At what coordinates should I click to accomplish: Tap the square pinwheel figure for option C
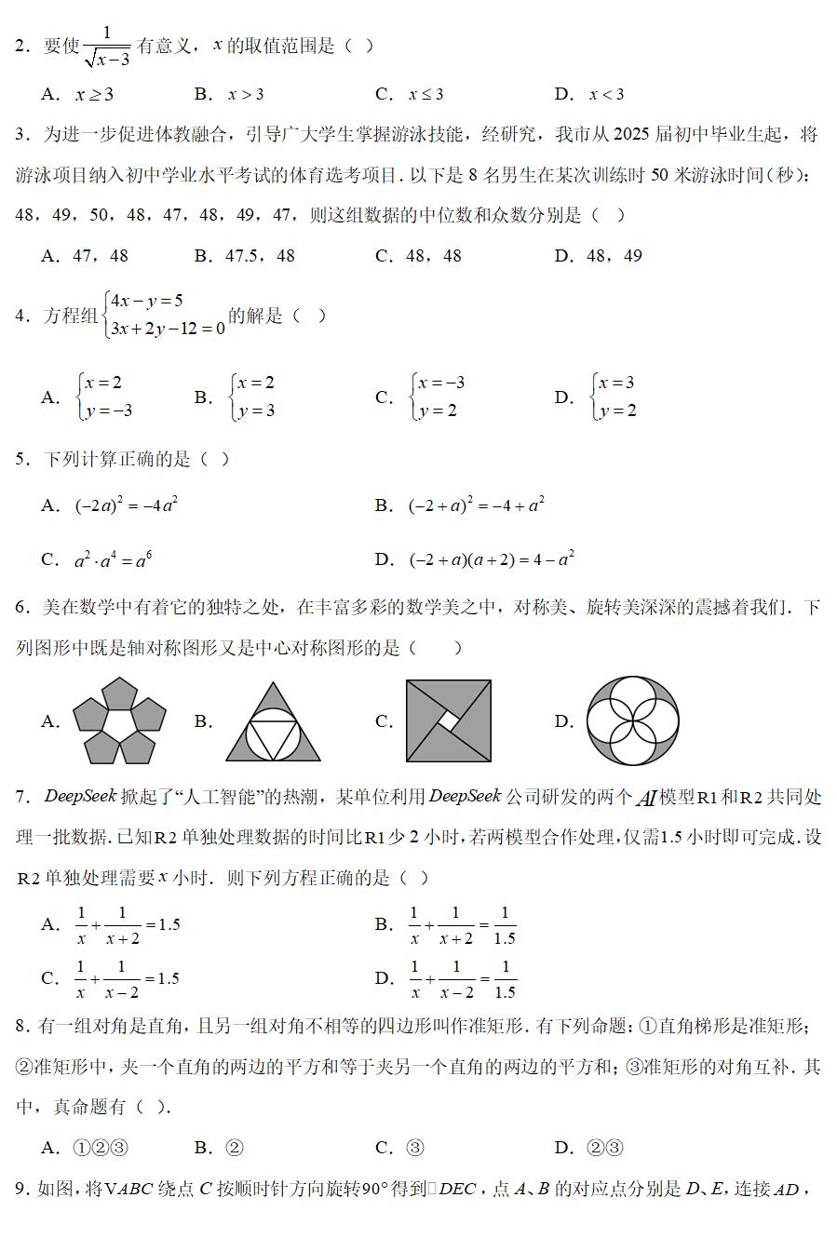(449, 721)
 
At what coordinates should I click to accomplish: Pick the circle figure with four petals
(633, 721)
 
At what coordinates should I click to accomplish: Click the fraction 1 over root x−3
(106, 47)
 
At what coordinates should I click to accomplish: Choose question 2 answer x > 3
(246, 94)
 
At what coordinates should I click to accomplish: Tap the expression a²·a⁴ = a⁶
(113, 559)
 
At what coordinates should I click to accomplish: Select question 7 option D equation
(463, 978)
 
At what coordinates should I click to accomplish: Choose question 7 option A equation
(128, 925)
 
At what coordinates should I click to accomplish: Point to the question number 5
(21, 459)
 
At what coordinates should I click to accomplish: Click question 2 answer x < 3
(606, 94)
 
